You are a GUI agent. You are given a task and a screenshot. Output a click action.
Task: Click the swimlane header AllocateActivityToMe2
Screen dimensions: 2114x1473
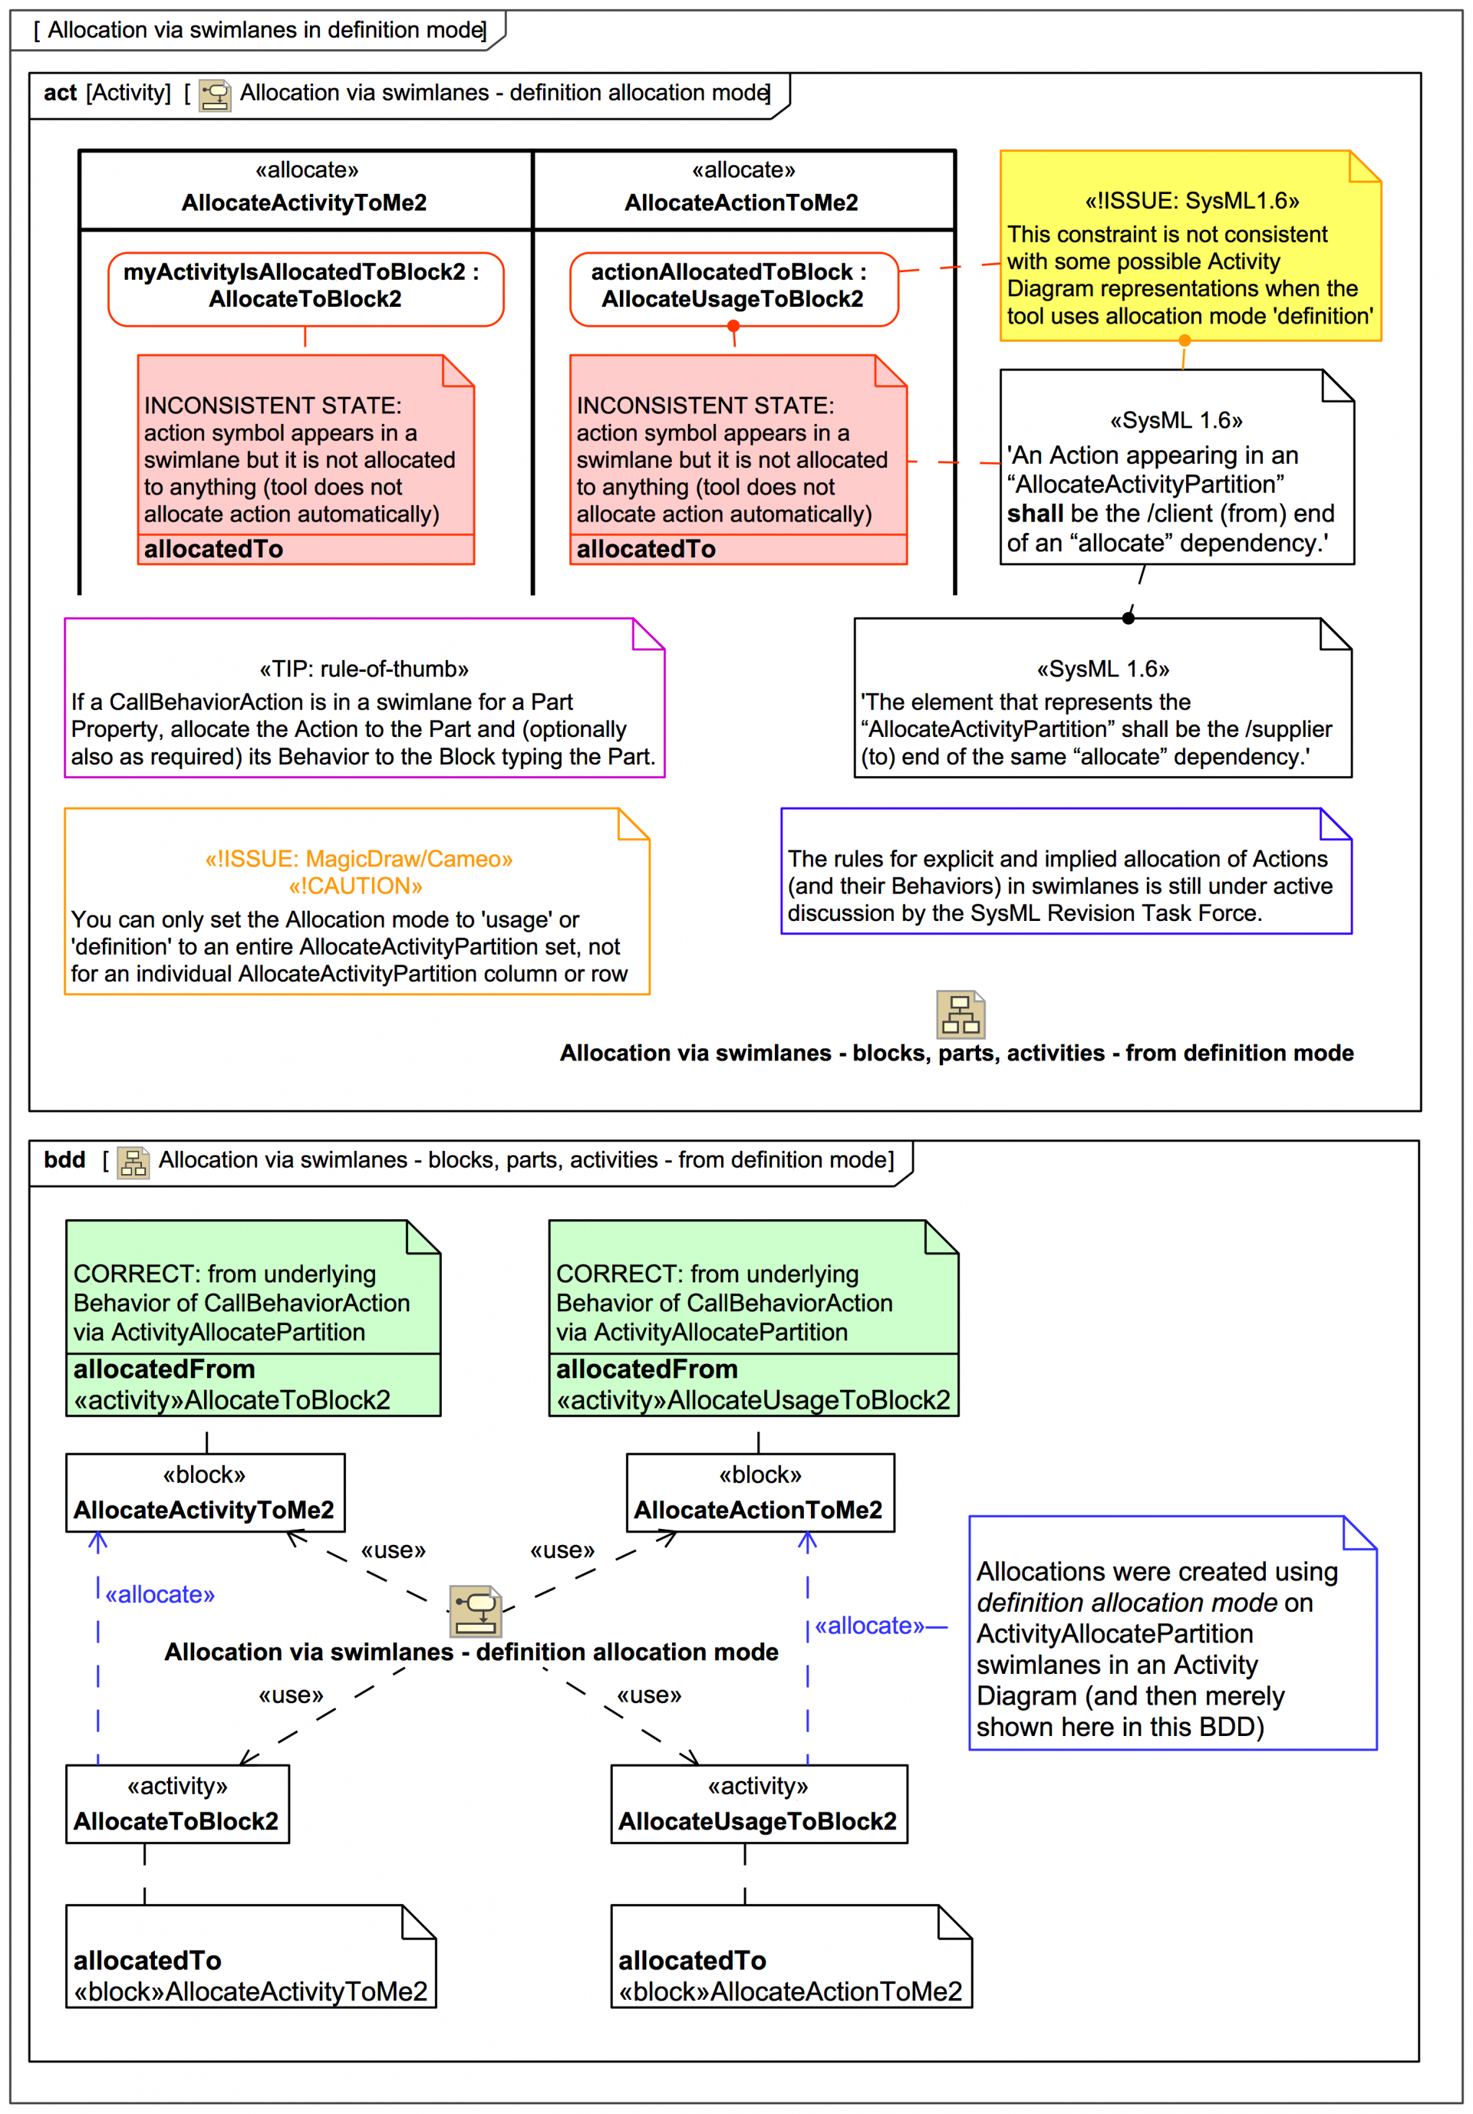point(305,189)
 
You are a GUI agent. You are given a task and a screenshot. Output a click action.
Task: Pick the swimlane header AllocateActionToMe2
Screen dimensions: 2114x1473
point(743,189)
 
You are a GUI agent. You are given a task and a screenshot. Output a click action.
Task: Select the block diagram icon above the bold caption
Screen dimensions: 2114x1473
point(960,1014)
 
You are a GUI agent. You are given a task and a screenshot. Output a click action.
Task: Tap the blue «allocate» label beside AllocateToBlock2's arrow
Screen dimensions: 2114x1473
point(160,1595)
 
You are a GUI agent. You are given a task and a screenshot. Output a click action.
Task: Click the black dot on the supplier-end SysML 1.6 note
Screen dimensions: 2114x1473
point(1128,618)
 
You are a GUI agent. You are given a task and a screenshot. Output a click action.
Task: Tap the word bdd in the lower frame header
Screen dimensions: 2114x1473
point(64,1160)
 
